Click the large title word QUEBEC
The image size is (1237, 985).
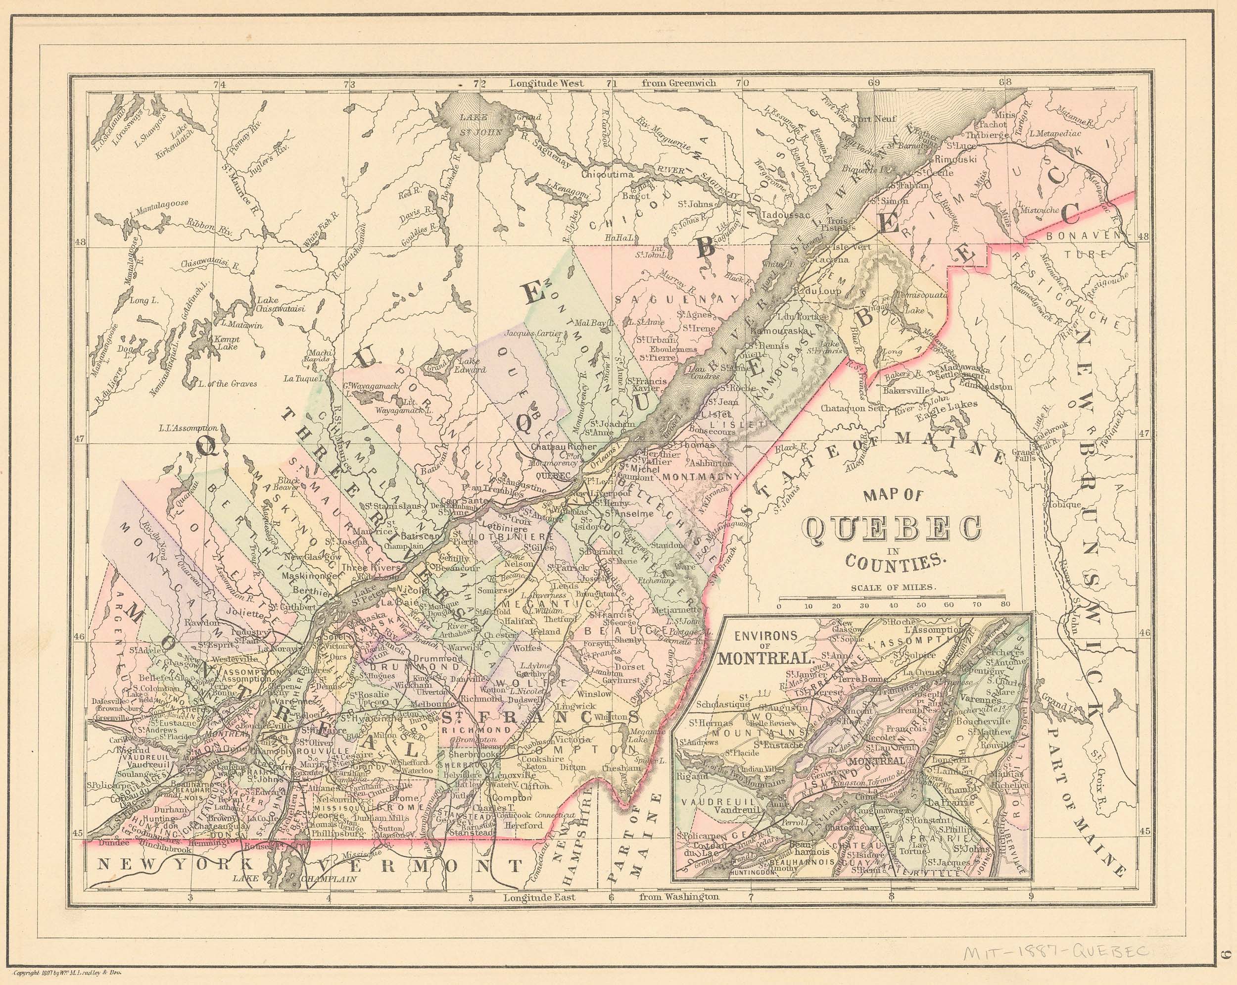click(891, 529)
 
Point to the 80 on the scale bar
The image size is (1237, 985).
click(1004, 604)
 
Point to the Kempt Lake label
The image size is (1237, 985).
click(226, 343)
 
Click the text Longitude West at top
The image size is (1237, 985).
click(546, 83)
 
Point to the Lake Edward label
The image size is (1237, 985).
click(472, 366)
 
